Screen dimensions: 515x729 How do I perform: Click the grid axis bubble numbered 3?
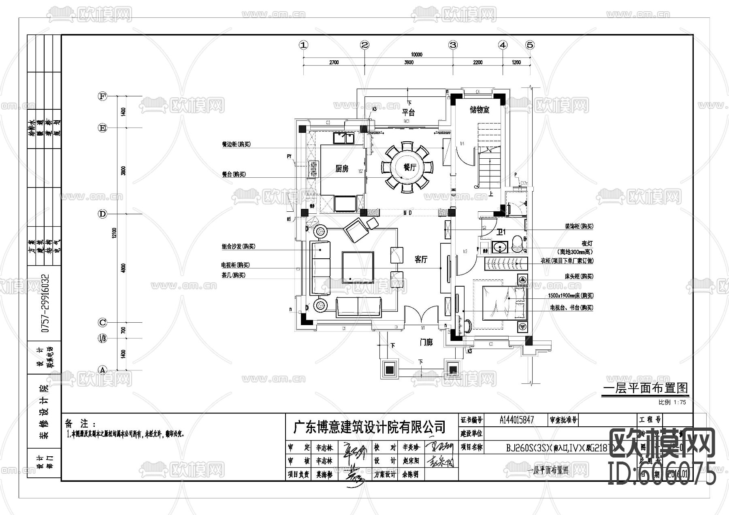click(453, 45)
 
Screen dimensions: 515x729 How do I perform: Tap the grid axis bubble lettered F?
click(102, 96)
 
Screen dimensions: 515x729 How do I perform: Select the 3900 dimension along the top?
click(409, 62)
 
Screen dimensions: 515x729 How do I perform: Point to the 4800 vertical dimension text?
click(123, 268)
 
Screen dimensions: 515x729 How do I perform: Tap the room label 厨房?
click(342, 169)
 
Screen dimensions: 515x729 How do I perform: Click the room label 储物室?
click(480, 110)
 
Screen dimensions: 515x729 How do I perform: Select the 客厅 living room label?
click(421, 260)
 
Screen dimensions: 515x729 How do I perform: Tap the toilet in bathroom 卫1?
click(518, 245)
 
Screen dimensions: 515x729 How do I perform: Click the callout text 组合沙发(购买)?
click(239, 246)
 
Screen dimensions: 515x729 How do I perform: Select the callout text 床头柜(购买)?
click(579, 276)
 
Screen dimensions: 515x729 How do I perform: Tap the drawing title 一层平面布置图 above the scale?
click(646, 388)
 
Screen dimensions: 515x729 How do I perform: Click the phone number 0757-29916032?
click(46, 303)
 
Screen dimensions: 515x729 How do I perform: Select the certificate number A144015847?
click(517, 420)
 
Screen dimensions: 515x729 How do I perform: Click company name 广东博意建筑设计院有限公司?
click(369, 426)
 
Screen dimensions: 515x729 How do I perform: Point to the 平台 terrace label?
click(408, 112)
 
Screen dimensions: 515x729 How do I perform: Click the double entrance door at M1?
click(422, 316)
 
